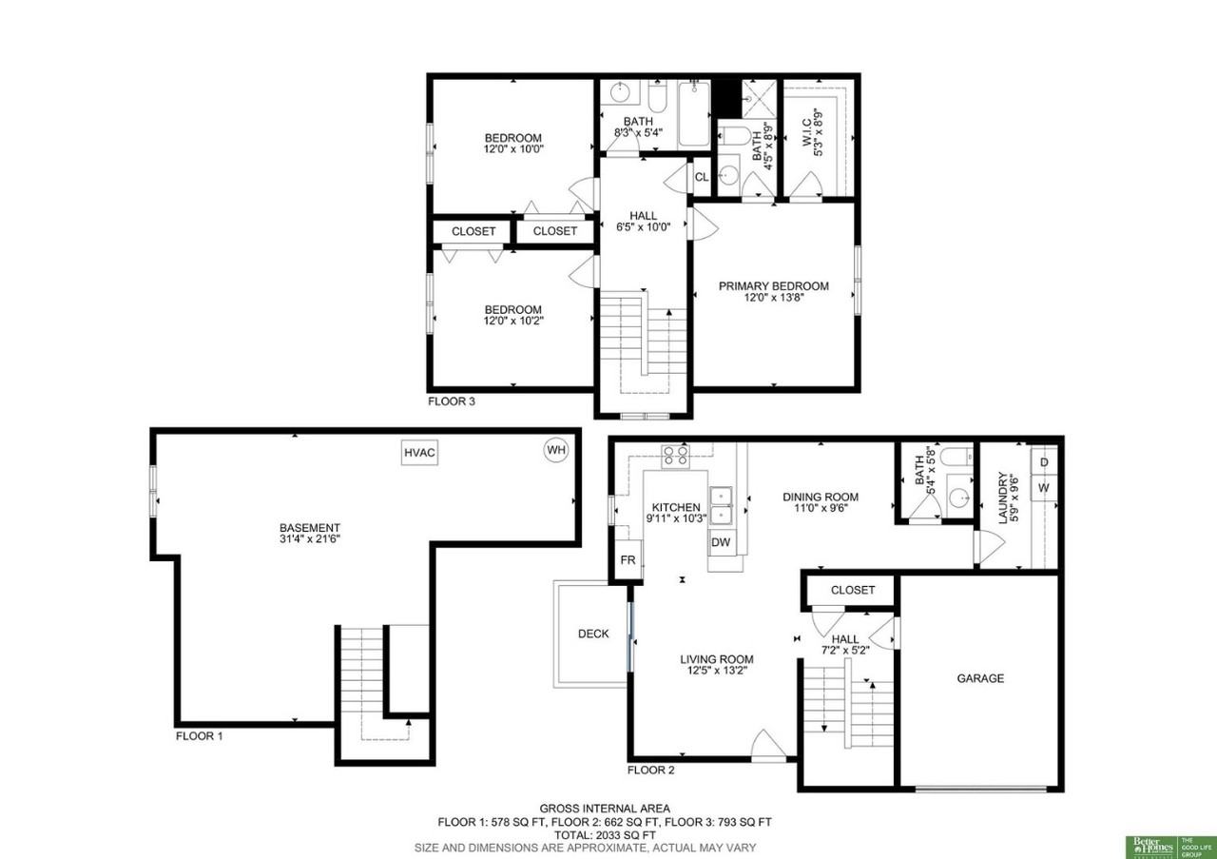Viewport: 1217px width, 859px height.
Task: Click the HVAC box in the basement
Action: coord(419,453)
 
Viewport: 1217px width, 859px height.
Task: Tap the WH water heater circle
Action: coord(555,449)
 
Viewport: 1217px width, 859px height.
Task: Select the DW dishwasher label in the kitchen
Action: coord(721,542)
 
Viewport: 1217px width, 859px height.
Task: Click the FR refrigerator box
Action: coord(628,560)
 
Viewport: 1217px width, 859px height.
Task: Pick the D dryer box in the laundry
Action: coord(1044,462)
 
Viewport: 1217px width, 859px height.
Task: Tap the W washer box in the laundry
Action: coord(1044,487)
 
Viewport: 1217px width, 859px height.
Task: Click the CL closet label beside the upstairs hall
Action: coord(702,177)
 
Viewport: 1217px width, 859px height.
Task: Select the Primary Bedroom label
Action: coord(773,285)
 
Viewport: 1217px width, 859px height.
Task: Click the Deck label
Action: coord(593,634)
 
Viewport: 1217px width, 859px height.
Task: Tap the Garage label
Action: coord(980,678)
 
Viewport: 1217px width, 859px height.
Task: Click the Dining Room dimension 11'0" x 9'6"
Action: coord(821,508)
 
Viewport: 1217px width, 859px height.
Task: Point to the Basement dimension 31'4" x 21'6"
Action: coord(309,539)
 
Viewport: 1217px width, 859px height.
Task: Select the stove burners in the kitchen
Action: coord(676,456)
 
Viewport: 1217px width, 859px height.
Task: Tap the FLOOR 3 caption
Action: coord(452,401)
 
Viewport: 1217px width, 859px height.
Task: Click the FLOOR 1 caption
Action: coord(199,735)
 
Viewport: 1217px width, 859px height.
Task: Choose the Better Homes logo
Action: coord(1151,846)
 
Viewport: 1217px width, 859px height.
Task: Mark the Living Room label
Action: coord(716,659)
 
